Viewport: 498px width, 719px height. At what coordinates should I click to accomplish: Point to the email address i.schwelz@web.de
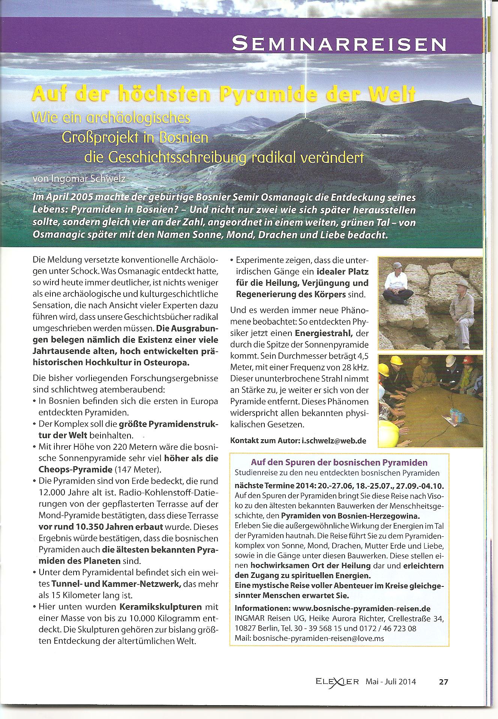pyautogui.click(x=334, y=440)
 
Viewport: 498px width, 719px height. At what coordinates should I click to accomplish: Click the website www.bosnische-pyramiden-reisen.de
pyautogui.click(x=361, y=608)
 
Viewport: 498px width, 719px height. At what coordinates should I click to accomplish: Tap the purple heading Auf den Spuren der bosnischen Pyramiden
pyautogui.click(x=339, y=463)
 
